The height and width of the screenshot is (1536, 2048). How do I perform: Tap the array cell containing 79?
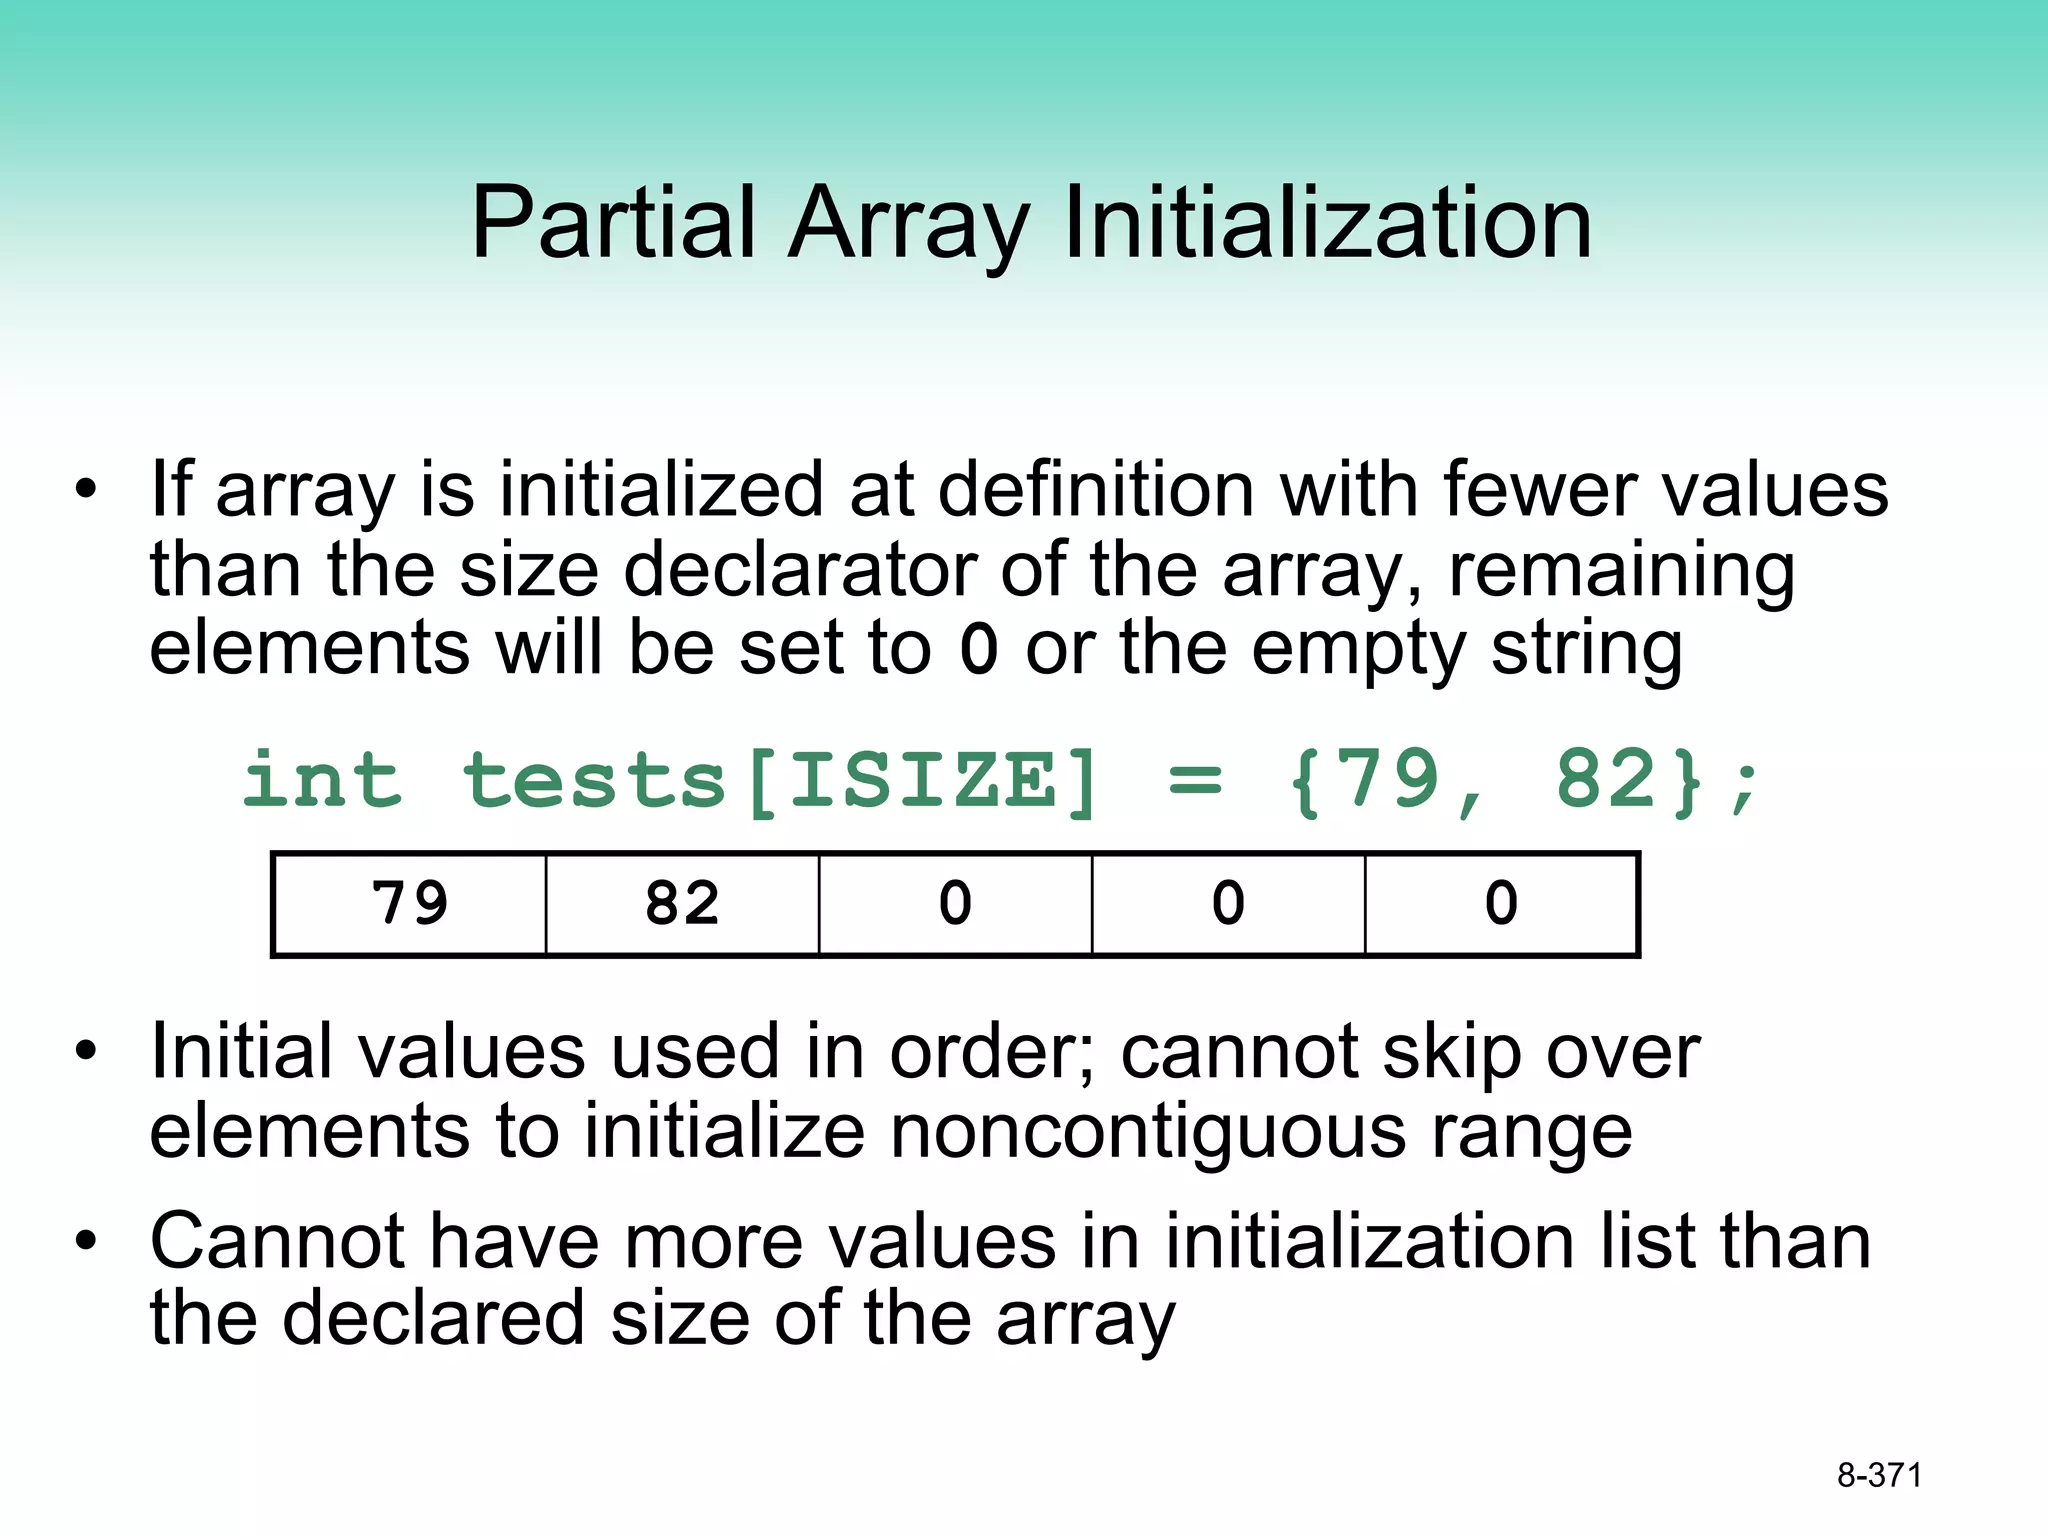(x=409, y=904)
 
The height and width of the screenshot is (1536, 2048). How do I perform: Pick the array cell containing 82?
(x=682, y=904)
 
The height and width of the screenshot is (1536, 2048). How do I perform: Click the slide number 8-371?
(x=1879, y=1475)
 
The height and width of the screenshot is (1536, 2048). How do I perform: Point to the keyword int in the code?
(x=322, y=781)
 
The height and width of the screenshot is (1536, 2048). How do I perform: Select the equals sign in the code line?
(x=1195, y=781)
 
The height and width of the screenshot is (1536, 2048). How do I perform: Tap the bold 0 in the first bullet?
(x=978, y=649)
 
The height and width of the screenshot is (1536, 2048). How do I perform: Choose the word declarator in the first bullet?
(x=799, y=570)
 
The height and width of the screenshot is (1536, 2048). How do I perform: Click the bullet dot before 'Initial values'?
(x=87, y=1051)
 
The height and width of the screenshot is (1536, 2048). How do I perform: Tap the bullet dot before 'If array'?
(x=87, y=490)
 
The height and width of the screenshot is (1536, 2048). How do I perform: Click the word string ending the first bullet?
(x=1587, y=649)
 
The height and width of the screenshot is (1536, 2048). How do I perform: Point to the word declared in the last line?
(x=433, y=1318)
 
